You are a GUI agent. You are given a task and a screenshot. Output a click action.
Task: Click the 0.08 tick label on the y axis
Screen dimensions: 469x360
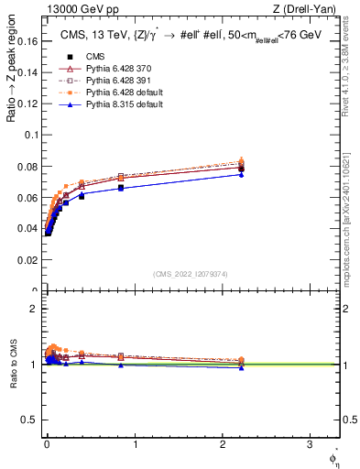27,166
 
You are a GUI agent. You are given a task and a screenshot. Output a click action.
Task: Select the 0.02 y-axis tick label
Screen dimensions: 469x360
27,261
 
